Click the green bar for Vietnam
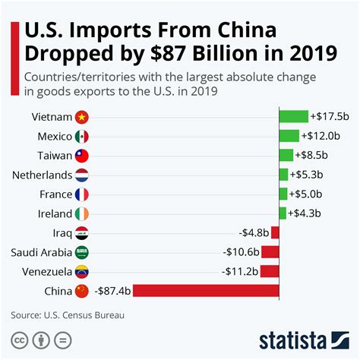coord(293,116)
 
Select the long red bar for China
coord(206,291)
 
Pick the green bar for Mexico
coord(289,136)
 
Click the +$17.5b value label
coord(328,116)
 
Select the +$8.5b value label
coord(311,155)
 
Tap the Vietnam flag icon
coord(83,117)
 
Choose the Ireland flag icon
coord(83,213)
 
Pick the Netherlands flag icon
coord(83,175)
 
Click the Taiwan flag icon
coord(83,156)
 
